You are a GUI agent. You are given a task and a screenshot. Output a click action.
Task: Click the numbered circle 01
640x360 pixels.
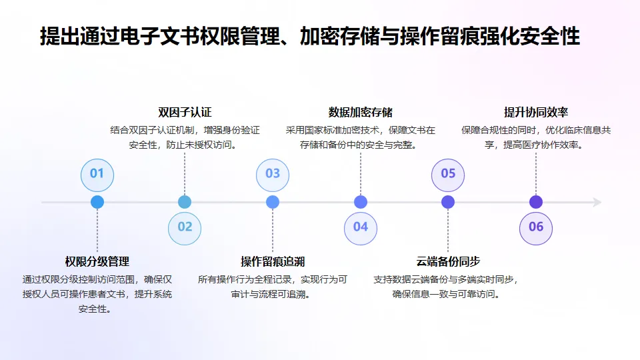[97, 174]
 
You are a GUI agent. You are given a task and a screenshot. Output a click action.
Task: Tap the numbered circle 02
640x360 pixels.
[185, 227]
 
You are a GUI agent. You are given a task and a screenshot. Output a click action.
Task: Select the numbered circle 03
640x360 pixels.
[273, 174]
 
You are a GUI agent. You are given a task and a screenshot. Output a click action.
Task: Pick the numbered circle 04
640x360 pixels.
[361, 227]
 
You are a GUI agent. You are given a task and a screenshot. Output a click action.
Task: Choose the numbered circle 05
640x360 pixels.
[448, 174]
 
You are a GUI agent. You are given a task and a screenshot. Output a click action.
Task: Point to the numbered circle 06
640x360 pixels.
[536, 227]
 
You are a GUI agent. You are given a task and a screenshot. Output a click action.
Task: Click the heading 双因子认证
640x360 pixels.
[185, 112]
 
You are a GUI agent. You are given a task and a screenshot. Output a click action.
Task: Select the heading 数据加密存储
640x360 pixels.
[361, 112]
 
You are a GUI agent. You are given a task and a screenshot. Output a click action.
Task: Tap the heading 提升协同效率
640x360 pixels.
[536, 112]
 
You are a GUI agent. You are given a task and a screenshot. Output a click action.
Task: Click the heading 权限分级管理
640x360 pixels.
[97, 261]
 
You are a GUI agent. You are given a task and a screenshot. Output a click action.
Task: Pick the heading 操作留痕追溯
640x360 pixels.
[273, 261]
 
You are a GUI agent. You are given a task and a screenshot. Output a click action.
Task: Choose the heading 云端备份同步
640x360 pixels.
[448, 261]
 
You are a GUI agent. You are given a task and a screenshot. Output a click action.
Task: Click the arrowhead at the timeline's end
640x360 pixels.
[597, 202]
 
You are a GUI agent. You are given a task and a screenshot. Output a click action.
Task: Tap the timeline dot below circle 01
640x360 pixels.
[97, 202]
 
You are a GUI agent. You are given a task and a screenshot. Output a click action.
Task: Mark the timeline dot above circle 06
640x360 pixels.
[536, 202]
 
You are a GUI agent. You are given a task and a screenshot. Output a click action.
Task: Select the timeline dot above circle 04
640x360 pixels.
[361, 202]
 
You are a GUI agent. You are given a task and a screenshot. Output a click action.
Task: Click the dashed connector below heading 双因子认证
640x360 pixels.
[185, 173]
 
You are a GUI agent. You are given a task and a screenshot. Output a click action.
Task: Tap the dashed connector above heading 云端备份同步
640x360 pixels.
[448, 230]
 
